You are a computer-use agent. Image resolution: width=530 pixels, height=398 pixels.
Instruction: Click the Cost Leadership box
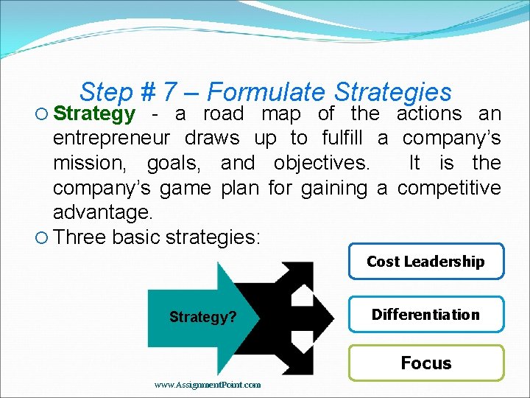click(x=425, y=262)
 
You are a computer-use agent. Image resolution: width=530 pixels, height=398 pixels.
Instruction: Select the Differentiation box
click(x=425, y=315)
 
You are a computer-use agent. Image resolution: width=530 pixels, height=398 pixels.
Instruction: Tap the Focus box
click(x=425, y=363)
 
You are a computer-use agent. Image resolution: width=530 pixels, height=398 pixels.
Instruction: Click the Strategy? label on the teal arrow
click(x=202, y=317)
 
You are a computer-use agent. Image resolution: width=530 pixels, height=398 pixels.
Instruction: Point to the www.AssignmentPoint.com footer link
click(x=208, y=384)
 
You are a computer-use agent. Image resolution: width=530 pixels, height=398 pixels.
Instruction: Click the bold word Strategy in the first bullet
click(x=94, y=114)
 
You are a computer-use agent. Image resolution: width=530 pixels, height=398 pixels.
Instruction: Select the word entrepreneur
click(x=111, y=138)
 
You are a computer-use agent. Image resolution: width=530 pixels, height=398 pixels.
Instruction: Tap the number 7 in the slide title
click(x=169, y=92)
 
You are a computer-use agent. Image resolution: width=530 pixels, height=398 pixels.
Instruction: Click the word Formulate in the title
click(x=266, y=92)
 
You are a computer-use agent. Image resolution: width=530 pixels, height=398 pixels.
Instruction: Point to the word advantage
click(x=102, y=213)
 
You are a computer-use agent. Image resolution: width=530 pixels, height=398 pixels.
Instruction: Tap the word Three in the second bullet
click(x=79, y=237)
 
